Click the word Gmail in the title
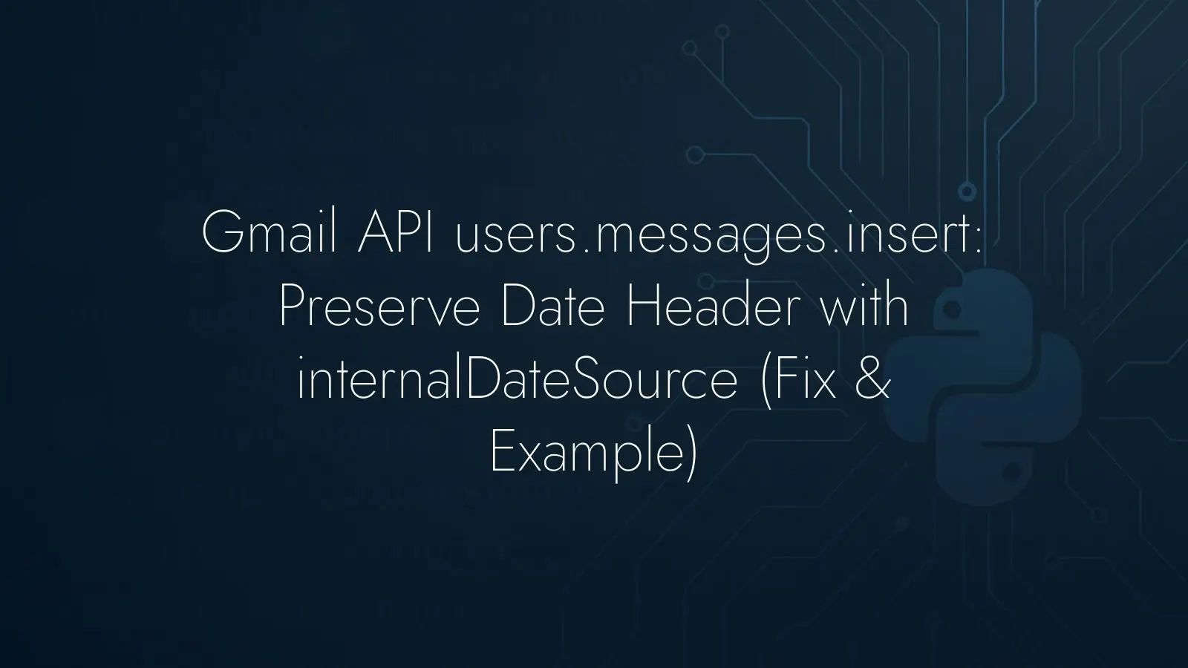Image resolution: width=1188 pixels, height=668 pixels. [x=269, y=233]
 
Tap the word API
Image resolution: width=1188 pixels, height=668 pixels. [x=395, y=233]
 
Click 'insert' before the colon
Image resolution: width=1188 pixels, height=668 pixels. [x=909, y=233]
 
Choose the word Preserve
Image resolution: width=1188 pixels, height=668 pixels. [x=379, y=307]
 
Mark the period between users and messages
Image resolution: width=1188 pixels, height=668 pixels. [x=586, y=251]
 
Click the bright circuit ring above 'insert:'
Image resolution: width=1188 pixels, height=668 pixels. [x=967, y=191]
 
